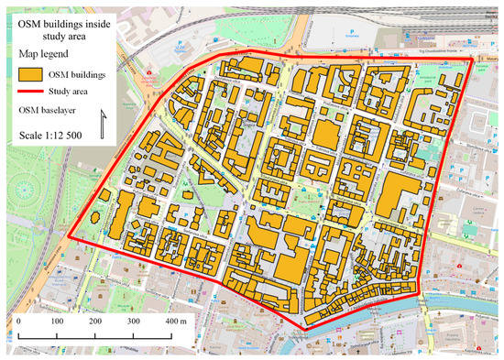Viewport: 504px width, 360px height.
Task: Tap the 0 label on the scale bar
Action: pos(18,322)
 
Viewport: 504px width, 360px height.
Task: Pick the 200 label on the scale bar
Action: pos(94,322)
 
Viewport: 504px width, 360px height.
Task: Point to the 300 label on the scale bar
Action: pos(133,322)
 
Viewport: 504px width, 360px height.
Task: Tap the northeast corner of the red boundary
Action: pos(474,61)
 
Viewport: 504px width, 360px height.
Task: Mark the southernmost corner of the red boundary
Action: pos(303,328)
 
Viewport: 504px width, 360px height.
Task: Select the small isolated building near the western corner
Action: pos(106,194)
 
